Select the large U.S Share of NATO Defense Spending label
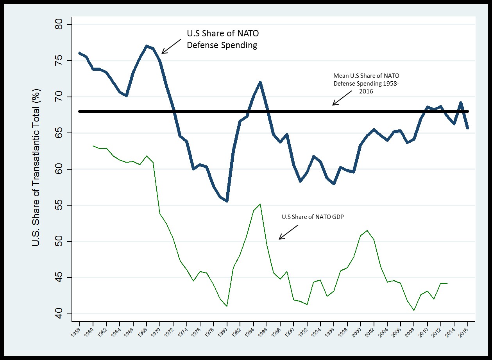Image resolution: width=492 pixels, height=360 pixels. tap(222, 39)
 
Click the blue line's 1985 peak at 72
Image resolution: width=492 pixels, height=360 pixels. tap(260, 82)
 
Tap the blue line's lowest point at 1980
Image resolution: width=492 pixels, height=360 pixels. tap(227, 201)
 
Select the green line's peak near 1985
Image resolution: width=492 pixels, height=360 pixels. tap(260, 204)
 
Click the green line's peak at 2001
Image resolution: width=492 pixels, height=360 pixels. tap(367, 231)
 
